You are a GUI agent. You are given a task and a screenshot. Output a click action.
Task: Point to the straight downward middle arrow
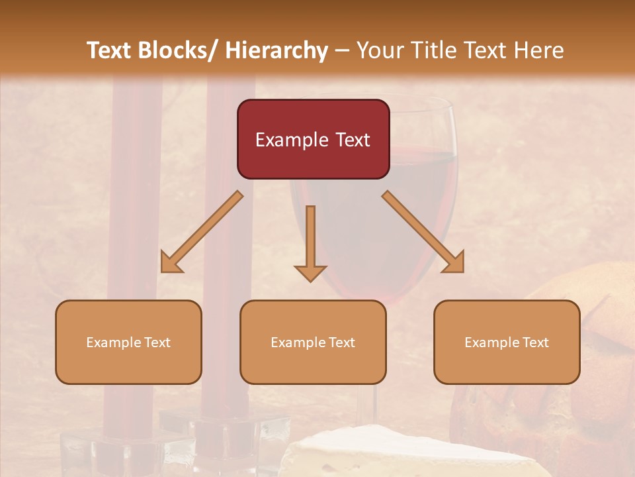310,238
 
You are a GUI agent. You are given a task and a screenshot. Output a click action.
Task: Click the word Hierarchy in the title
276,50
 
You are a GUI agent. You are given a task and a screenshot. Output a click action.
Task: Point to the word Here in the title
538,50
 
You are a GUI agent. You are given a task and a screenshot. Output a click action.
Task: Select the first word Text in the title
109,50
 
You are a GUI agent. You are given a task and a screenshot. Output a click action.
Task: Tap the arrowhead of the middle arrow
310,273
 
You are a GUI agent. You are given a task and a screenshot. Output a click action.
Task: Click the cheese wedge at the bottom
410,454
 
